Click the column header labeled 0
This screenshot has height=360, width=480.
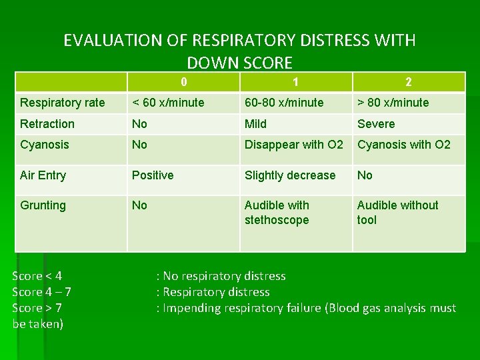[x=183, y=82]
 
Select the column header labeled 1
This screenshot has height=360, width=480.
[x=295, y=82]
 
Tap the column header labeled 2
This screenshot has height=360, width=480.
[x=408, y=82]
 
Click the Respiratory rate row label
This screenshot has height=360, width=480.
[x=63, y=103]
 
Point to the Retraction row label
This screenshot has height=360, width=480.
[x=47, y=124]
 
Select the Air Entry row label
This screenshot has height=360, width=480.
[x=43, y=175]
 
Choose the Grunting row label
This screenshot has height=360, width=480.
[x=43, y=205]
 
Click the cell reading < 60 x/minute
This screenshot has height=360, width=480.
[x=168, y=103]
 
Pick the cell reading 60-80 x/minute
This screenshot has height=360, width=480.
[x=284, y=103]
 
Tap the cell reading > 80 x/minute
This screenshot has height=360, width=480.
[x=393, y=103]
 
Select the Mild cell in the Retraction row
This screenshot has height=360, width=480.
[x=255, y=124]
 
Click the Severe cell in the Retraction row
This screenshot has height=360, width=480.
[x=376, y=124]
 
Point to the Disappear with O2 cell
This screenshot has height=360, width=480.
[x=294, y=145]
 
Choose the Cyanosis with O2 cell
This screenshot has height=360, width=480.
[x=404, y=145]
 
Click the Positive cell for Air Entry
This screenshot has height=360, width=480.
[x=153, y=175]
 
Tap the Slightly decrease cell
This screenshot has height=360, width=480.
[x=290, y=175]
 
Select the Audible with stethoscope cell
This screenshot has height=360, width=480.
[x=277, y=213]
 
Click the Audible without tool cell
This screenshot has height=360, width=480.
[x=397, y=213]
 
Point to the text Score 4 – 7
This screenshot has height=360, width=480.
[x=42, y=292]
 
